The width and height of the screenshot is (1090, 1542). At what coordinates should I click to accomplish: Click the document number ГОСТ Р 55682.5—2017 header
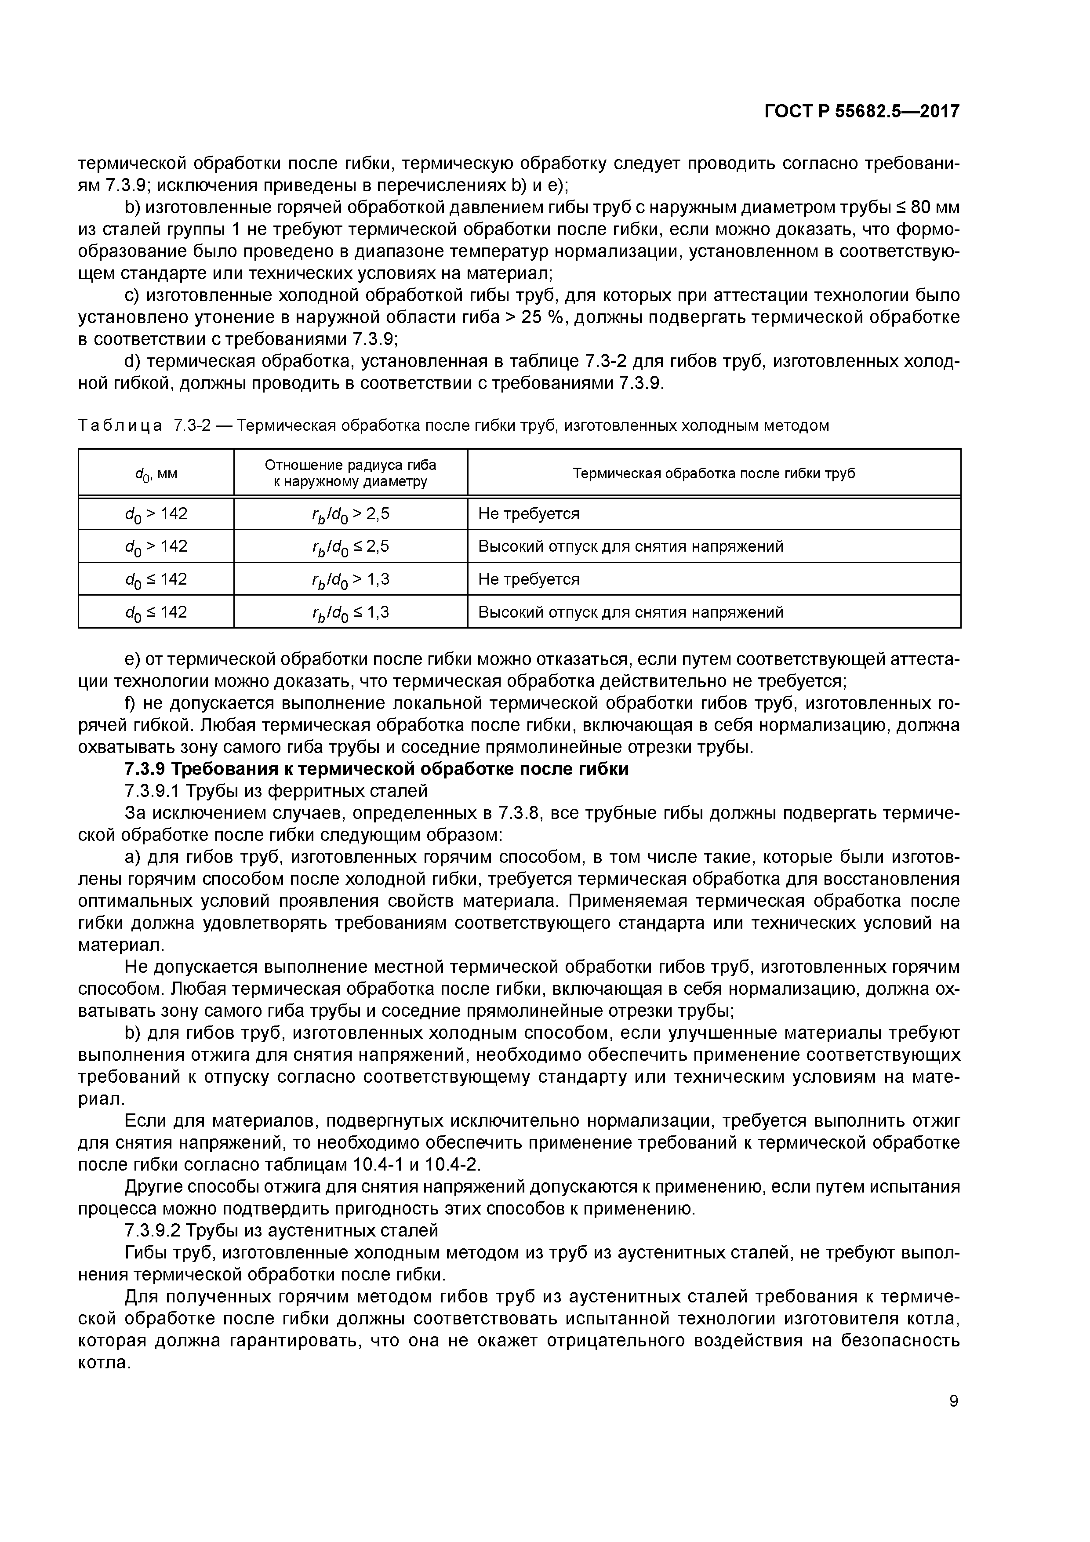pyautogui.click(x=861, y=112)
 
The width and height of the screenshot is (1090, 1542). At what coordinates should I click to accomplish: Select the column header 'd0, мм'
pyautogui.click(x=156, y=473)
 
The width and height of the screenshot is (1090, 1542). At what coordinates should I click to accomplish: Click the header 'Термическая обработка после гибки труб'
pyautogui.click(x=713, y=473)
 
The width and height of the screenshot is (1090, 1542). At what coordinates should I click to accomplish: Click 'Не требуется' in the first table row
pyautogui.click(x=529, y=514)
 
